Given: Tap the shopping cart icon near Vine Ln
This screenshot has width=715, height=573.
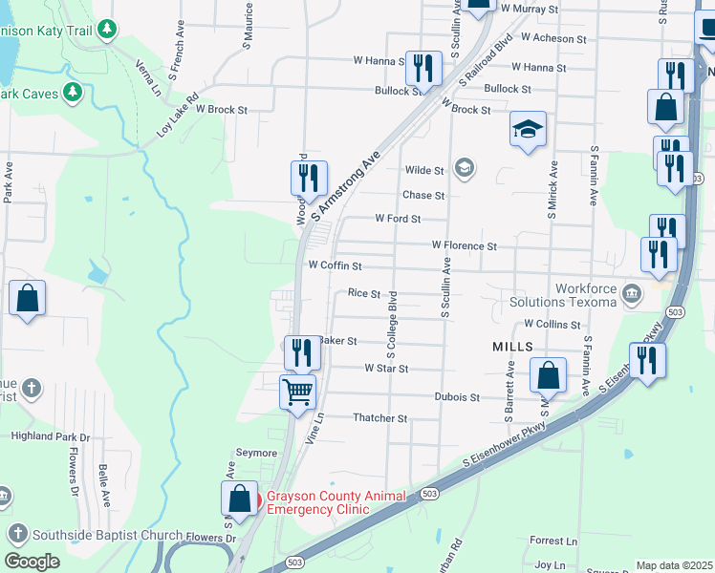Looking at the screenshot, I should (297, 391).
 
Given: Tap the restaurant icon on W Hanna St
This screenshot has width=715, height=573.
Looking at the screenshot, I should (422, 67).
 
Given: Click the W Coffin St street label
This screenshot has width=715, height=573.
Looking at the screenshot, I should (335, 265).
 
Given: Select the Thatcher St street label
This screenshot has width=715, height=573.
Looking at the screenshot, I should (380, 418).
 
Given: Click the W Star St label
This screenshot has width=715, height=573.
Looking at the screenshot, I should (386, 369).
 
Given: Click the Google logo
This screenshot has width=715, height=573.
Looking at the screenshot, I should (32, 562).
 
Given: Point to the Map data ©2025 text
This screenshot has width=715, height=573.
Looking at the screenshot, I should (674, 565).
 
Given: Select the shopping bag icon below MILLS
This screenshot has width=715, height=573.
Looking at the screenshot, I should (549, 375).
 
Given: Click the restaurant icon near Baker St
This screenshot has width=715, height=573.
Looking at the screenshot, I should (302, 352).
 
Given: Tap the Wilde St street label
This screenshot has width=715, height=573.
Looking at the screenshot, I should (424, 171).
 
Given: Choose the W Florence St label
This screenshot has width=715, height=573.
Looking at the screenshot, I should (464, 245).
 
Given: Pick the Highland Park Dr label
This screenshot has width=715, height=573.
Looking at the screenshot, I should (51, 437).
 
